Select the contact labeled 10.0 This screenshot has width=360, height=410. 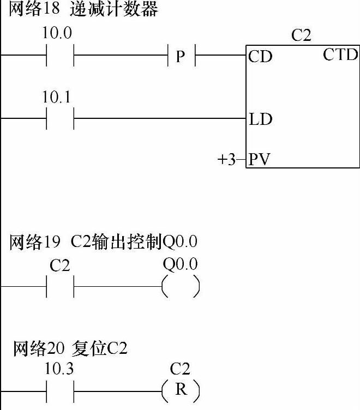coord(60,55)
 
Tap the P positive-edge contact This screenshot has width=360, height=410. coord(181,56)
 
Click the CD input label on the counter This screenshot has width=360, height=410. coord(260,57)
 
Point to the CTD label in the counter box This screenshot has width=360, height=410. coord(340,55)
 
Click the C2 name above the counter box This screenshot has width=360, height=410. coord(302,37)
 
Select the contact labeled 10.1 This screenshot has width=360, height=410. coord(60,118)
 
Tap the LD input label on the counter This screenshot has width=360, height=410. coord(261,119)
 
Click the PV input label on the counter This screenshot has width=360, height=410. coord(261,160)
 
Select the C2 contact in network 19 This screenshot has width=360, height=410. coord(60,286)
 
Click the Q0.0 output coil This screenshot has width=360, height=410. coord(181,287)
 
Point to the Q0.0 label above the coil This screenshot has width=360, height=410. coord(181,264)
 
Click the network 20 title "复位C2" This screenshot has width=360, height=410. coord(70,348)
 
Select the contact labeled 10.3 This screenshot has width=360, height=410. coord(60,391)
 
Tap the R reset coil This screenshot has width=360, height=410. coord(181,391)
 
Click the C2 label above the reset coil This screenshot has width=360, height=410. coord(180,369)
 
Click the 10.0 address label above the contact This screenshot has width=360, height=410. coord(57,33)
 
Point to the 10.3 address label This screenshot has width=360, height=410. coord(59,369)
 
